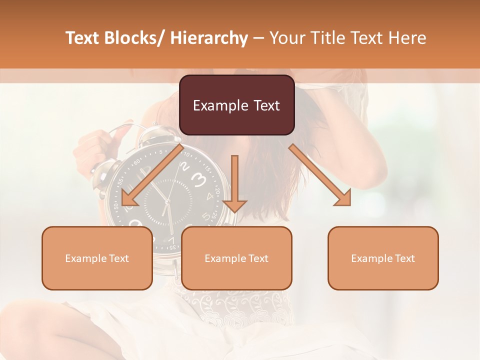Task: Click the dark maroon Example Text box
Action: [236, 105]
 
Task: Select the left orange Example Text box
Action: [97, 258]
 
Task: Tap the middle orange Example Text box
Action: [236, 258]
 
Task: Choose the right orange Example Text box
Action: [383, 258]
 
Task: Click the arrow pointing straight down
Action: [234, 185]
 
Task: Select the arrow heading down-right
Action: [320, 175]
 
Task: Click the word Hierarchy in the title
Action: [208, 38]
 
